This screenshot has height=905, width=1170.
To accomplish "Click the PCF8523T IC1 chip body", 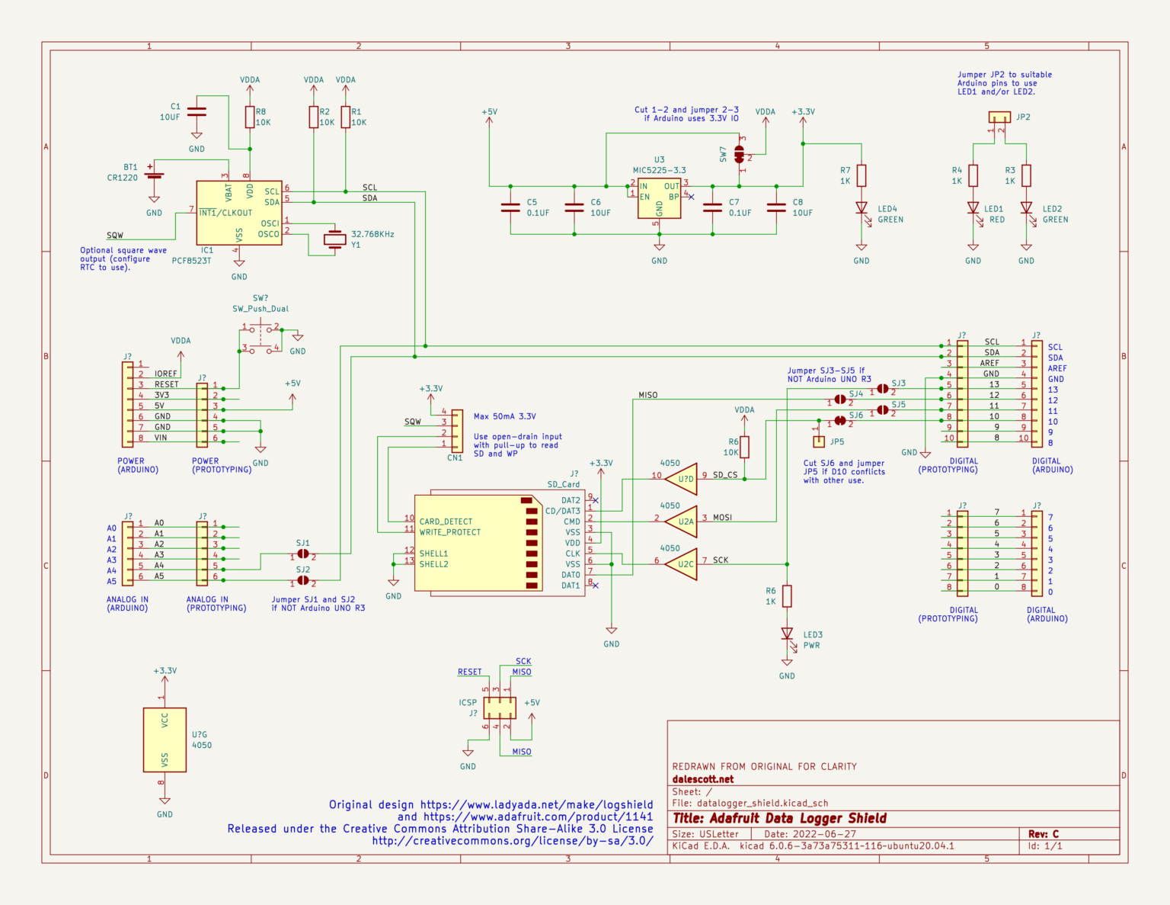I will click(x=238, y=213).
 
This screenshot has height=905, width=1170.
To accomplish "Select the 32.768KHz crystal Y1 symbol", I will click(x=334, y=239).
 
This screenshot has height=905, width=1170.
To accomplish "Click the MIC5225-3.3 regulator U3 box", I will click(x=659, y=198).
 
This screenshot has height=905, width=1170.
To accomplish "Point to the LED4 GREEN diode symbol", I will click(x=862, y=208).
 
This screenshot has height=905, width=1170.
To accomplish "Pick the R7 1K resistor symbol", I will click(x=862, y=176).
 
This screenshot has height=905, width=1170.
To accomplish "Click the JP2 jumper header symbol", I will click(x=999, y=117).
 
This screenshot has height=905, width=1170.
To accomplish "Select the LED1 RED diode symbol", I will click(x=973, y=208).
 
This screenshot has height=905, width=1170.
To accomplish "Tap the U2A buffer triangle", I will click(x=680, y=522).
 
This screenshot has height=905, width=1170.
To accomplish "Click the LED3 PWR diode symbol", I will click(x=787, y=634).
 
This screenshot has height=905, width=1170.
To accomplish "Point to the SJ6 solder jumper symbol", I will click(x=839, y=421).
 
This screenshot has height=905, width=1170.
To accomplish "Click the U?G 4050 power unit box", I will click(x=165, y=740).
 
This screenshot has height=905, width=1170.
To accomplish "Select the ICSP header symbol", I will click(x=499, y=708).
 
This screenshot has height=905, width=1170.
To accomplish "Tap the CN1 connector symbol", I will click(x=457, y=431).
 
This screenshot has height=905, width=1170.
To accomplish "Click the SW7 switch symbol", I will click(x=739, y=155).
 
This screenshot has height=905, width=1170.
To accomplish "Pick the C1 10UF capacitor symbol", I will click(x=197, y=111).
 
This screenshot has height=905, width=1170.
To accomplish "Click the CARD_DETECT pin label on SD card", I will click(x=446, y=521).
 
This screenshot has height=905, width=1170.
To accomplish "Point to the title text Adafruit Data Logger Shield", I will click(x=779, y=818).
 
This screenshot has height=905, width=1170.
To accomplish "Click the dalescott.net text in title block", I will click(x=703, y=779).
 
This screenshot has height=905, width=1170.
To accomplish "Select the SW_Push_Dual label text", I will click(x=261, y=309).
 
